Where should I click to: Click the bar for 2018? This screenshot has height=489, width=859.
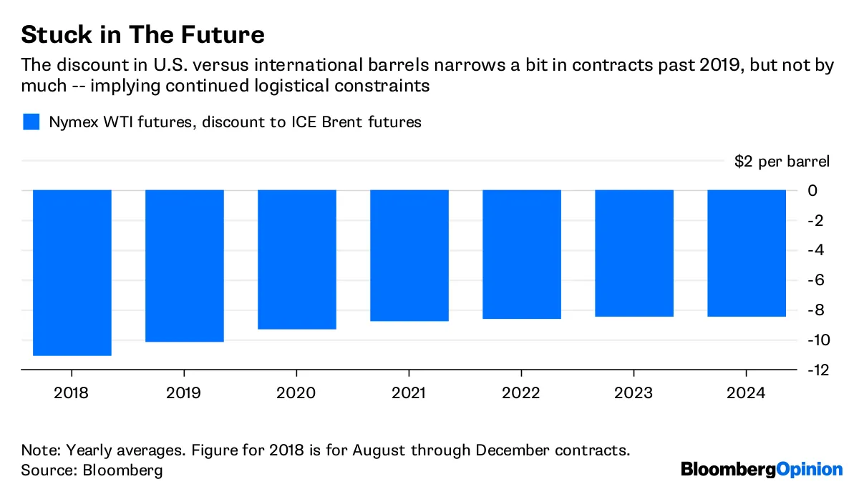(72, 272)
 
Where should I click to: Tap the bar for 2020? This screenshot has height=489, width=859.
(297, 260)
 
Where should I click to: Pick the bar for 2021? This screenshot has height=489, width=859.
(409, 255)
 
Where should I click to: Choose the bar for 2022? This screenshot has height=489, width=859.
(522, 254)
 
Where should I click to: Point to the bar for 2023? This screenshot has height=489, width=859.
(634, 253)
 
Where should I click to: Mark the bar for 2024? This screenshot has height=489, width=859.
(747, 253)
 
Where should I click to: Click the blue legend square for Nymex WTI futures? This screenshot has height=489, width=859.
(31, 122)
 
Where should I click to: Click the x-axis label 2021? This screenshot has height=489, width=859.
(409, 393)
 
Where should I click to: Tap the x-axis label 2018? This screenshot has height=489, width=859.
(72, 393)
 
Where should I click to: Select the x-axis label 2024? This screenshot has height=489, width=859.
(747, 393)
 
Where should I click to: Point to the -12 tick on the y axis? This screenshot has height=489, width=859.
(817, 370)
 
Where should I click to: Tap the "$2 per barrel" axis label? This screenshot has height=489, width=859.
(782, 161)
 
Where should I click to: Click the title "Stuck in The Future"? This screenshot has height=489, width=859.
(143, 34)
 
